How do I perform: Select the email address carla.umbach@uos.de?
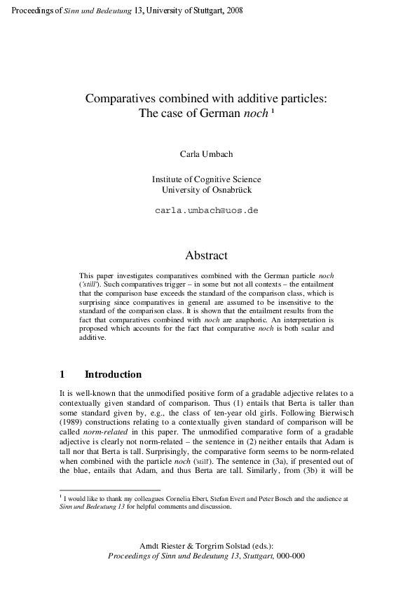[x=207, y=210]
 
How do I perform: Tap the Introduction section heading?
[x=113, y=375]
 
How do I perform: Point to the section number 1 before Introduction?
[x=63, y=375]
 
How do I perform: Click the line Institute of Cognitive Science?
[x=207, y=179]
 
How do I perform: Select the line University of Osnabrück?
[x=207, y=189]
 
